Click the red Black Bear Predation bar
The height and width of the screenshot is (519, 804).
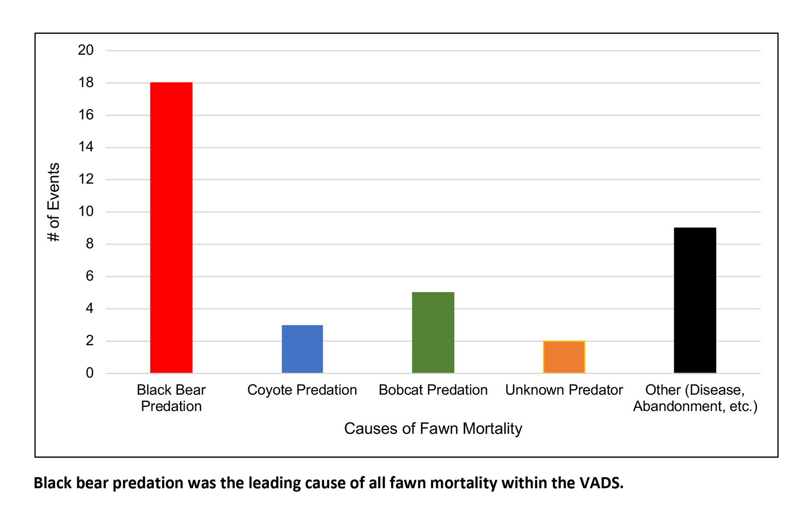coord(171,227)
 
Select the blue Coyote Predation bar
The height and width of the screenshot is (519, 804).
coord(302,349)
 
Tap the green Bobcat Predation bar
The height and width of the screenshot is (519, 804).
coord(433,332)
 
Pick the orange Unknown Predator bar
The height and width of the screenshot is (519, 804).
coord(564,357)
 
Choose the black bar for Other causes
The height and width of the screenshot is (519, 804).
coord(694,300)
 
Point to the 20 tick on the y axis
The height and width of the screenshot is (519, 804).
coord(86,50)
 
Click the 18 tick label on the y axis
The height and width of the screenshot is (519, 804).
coord(86,82)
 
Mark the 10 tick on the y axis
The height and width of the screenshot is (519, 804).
coord(86,212)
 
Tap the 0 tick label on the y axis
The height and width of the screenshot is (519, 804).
coord(89,373)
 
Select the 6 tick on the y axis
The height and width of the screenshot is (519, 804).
coord(89,276)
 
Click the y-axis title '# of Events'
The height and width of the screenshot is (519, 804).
coord(54,202)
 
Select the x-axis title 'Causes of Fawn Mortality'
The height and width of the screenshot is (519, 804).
coord(433,428)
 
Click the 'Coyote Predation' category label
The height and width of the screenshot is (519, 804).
coord(302,390)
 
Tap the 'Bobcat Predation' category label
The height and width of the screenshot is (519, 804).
coord(433,390)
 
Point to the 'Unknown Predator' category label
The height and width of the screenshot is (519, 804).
coord(564,390)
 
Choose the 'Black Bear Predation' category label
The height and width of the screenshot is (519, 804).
coord(171,398)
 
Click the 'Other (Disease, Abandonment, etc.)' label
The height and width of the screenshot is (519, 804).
coord(695,398)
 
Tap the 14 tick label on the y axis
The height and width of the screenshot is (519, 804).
coord(86,147)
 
